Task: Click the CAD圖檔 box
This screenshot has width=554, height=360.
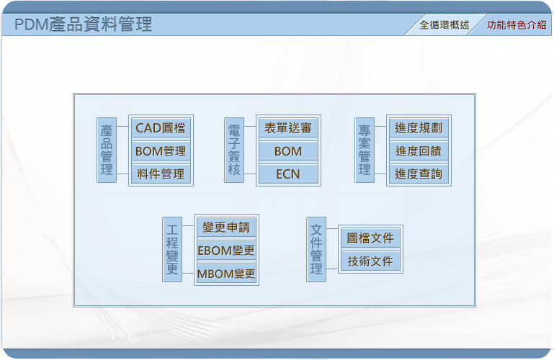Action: [x=161, y=127]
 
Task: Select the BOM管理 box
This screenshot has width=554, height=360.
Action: [x=161, y=151]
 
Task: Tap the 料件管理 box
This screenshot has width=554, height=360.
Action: [x=161, y=174]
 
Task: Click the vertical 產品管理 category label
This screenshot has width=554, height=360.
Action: [x=107, y=150]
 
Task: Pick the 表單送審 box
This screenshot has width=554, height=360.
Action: [x=288, y=127]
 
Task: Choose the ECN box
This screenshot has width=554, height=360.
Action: [x=288, y=174]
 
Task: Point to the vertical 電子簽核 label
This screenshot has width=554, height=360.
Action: [x=234, y=150]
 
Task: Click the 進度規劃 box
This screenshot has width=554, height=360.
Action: [x=419, y=127]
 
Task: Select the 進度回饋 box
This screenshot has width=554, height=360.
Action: [x=419, y=151]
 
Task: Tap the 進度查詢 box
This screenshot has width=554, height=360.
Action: [x=419, y=174]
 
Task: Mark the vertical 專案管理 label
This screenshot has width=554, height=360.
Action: [x=365, y=150]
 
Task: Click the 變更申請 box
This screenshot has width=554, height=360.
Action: [x=226, y=227]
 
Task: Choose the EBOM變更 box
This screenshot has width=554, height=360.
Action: [x=226, y=251]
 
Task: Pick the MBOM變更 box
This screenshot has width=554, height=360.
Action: [x=226, y=273]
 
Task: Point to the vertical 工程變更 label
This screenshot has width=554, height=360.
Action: [x=172, y=250]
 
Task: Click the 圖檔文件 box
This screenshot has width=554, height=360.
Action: [x=370, y=238]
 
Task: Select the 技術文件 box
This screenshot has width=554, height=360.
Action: [x=370, y=261]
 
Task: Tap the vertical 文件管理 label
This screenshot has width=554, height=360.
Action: [x=316, y=250]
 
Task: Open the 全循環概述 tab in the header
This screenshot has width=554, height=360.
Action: [x=444, y=25]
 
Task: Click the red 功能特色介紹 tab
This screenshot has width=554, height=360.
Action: [x=517, y=25]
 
